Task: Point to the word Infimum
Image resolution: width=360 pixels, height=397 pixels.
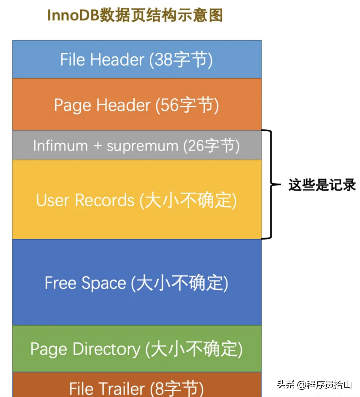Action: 60,146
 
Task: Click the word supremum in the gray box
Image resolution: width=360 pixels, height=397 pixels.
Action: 142,146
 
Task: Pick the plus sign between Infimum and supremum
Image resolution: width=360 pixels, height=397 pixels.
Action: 97,146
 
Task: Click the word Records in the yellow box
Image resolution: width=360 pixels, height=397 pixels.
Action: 105,200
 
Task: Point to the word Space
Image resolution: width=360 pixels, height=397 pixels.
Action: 104,283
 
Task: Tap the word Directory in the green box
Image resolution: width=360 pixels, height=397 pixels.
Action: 106,349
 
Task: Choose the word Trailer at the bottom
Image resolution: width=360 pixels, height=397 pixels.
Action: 123,389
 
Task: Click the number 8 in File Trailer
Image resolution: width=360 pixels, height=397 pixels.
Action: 160,389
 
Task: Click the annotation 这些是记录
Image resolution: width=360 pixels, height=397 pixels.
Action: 322,185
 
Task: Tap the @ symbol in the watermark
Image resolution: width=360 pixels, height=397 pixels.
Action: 301,385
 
